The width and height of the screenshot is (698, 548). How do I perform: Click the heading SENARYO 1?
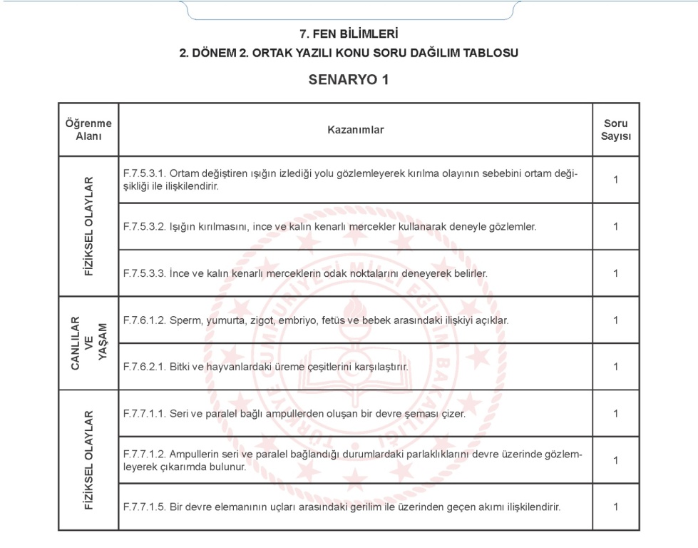pos(349,79)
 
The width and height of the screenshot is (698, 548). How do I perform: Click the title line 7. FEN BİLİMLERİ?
pos(349,34)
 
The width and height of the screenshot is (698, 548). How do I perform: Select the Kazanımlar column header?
pos(355,130)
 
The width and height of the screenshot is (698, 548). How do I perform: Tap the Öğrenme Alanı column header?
pos(88,130)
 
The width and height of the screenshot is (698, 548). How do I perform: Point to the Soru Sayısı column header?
pos(615,130)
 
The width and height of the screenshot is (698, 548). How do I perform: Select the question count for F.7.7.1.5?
pos(615,507)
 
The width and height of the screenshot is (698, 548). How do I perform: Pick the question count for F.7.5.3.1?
pos(615,179)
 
